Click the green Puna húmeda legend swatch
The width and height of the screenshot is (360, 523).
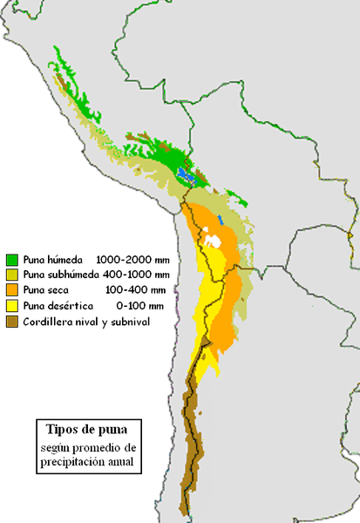tap(12, 260)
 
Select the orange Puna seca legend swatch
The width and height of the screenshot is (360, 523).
tap(12, 290)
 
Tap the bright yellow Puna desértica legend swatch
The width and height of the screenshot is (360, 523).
tap(12, 306)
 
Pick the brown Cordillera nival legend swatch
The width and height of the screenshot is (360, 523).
tap(12, 322)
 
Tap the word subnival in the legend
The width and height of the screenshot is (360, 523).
tap(131, 322)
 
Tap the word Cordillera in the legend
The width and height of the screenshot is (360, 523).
tap(48, 322)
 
